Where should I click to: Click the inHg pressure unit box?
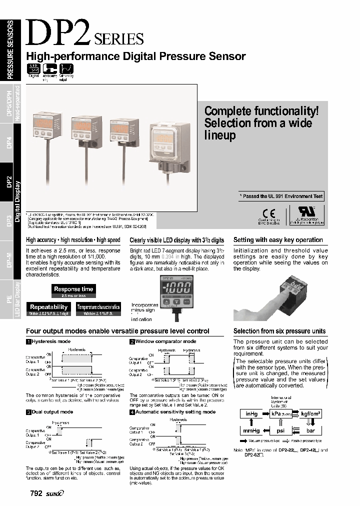[x=251, y=414]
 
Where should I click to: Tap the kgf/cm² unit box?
[x=310, y=414]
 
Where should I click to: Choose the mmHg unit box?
[x=251, y=429]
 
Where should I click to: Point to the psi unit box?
[x=280, y=429]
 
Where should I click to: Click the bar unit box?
[x=310, y=429]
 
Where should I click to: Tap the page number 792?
[x=36, y=493]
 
